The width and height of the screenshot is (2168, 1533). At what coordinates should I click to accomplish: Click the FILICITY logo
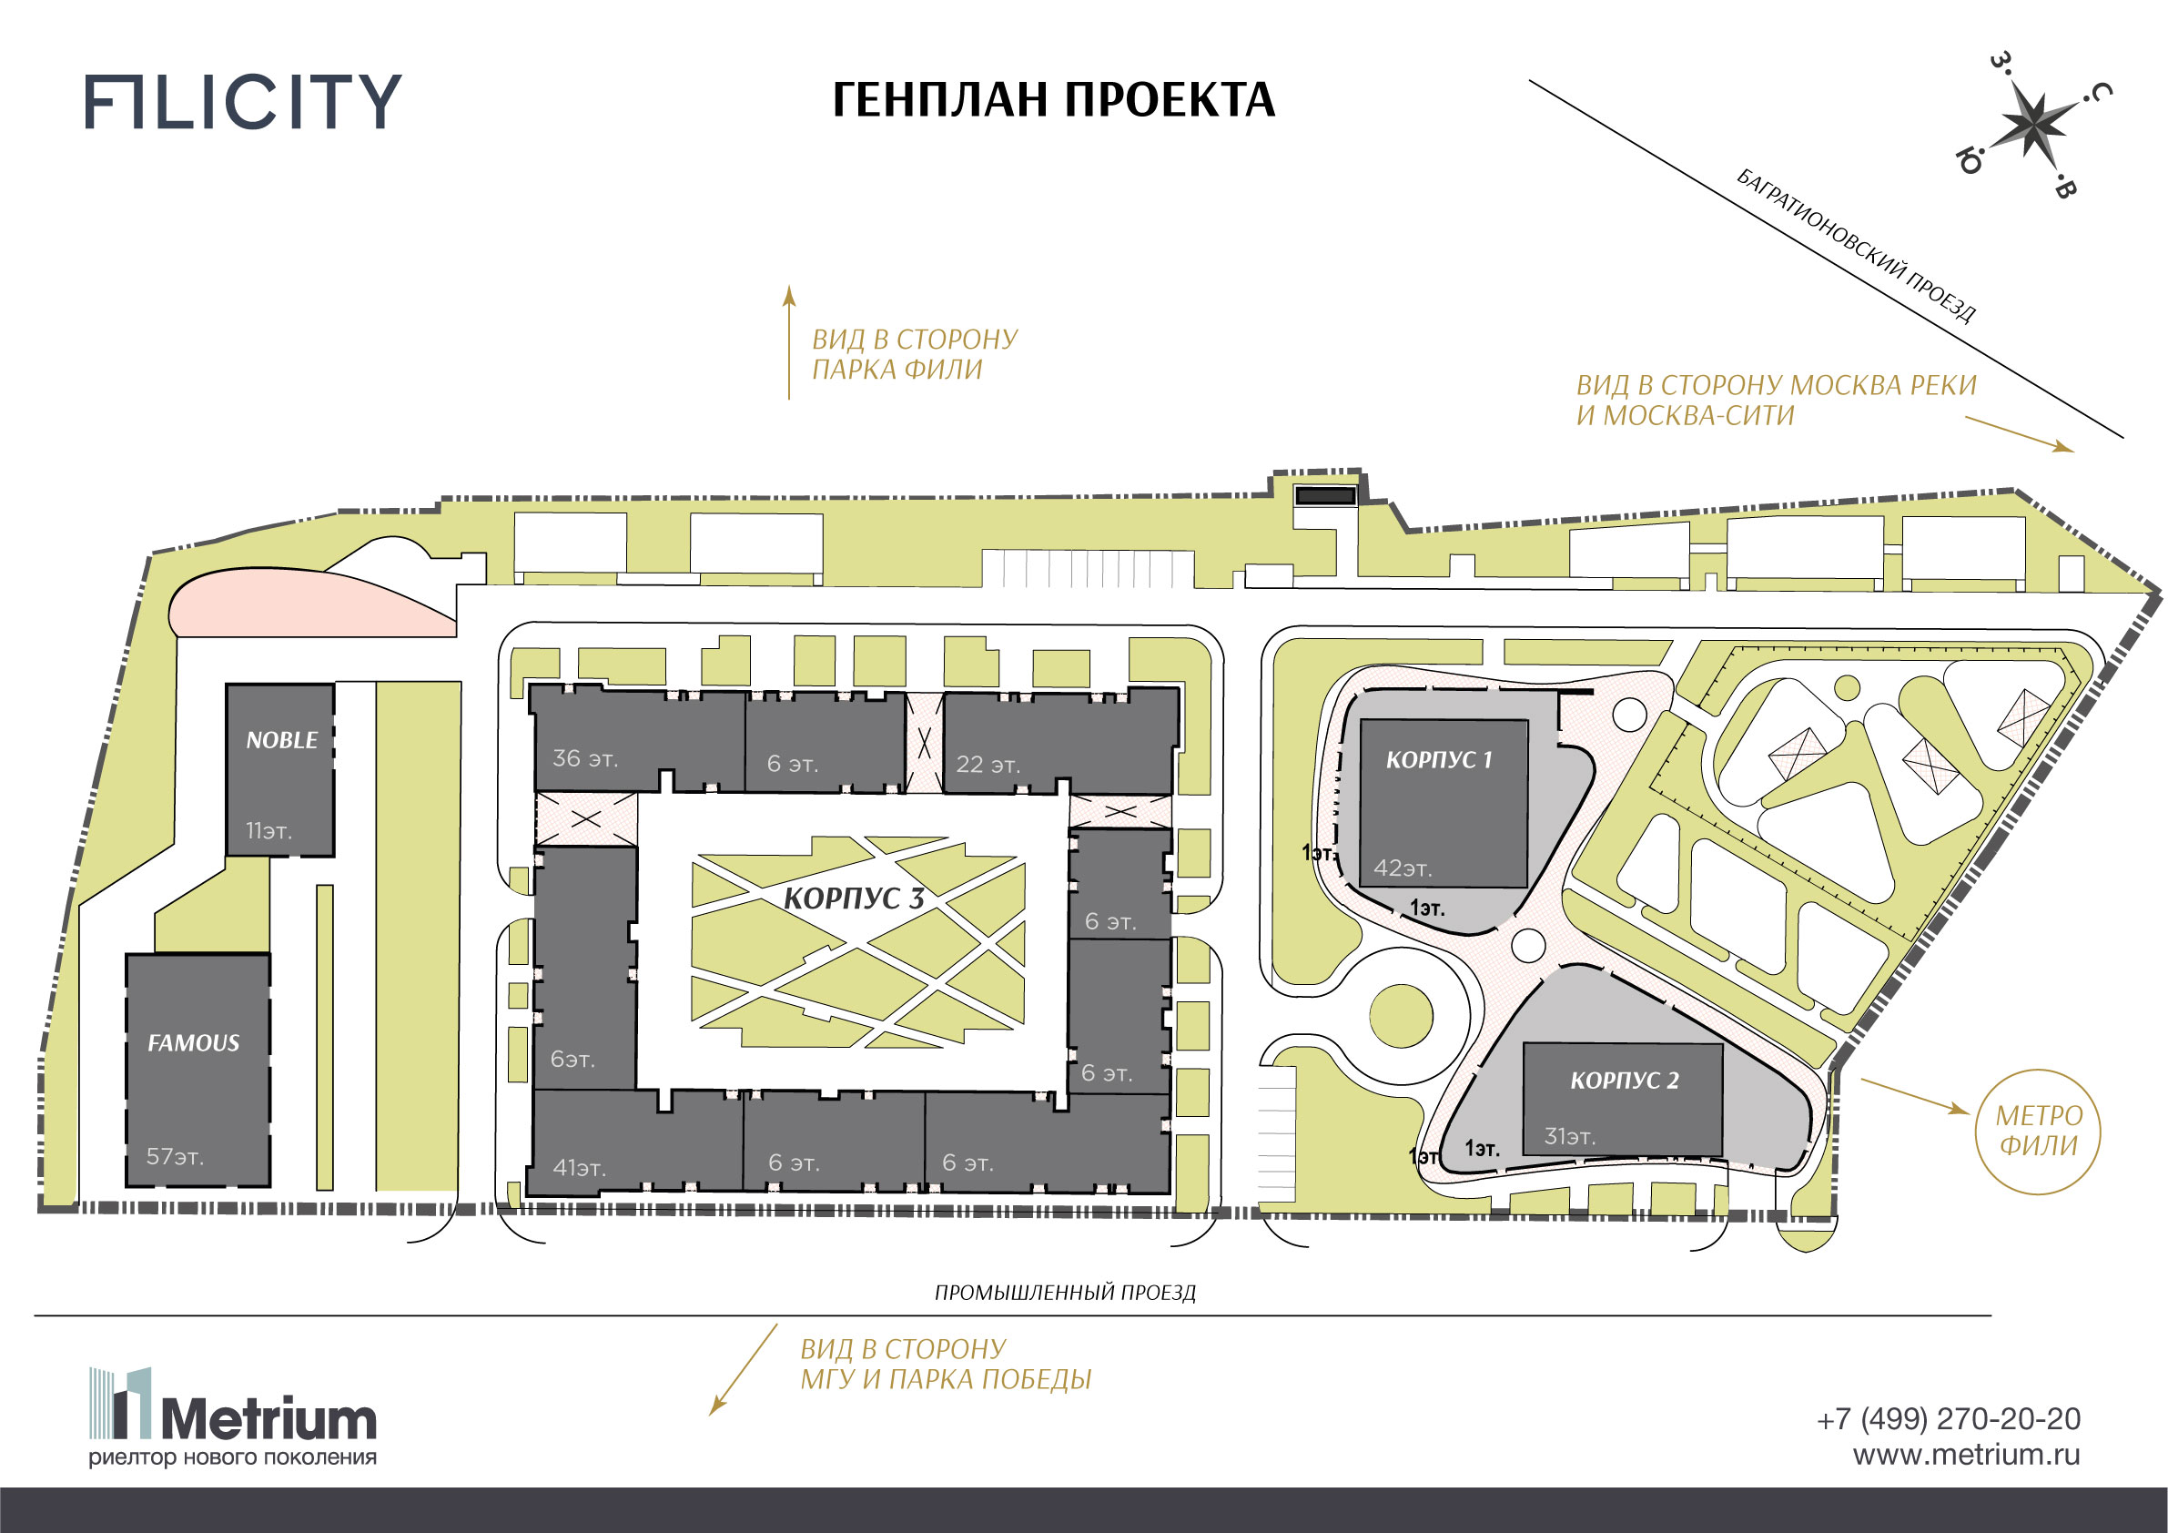coord(243,101)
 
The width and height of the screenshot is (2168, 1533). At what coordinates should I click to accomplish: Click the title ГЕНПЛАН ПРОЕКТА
coord(1053,100)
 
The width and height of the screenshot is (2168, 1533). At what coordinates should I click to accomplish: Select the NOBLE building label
coord(281,740)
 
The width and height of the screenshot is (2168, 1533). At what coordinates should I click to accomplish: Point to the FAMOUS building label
coord(194,1042)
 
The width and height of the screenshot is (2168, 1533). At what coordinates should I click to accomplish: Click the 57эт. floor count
coord(175,1156)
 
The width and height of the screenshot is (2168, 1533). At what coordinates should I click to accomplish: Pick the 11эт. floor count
coord(269,831)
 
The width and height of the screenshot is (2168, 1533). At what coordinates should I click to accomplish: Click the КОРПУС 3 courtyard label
coord(854,898)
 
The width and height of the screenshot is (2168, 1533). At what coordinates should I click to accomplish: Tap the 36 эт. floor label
coord(585,758)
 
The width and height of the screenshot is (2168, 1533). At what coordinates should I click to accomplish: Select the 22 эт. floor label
coord(988,764)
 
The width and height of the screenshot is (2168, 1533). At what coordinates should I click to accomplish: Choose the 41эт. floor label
coord(579,1168)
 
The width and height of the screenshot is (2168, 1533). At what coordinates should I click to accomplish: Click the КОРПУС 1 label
coord(1439,759)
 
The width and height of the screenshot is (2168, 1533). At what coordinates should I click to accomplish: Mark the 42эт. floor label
coord(1403,868)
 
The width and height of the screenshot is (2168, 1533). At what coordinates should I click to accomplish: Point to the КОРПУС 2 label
coord(1624,1081)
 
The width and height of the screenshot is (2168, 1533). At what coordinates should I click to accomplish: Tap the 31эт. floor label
coord(1569,1136)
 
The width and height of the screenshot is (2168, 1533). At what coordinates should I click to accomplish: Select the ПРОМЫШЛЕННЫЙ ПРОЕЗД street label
coord(1065,1292)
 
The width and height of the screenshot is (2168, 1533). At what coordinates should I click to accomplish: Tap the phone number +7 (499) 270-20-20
coord(1948,1418)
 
